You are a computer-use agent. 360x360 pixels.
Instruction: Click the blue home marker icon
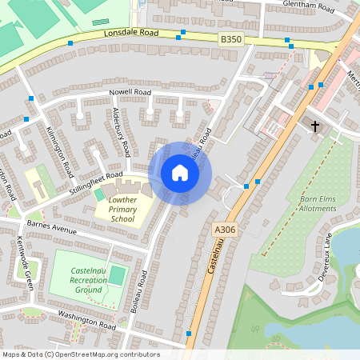point(180,173)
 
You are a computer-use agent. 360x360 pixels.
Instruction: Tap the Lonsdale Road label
point(132,35)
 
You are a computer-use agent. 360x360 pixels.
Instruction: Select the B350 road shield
point(230,39)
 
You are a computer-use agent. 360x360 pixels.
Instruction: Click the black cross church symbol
point(314,126)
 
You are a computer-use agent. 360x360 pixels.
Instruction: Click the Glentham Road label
point(308,6)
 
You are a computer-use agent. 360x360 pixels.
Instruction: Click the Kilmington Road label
point(60,152)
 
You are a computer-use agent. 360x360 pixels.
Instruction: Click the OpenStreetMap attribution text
point(81,354)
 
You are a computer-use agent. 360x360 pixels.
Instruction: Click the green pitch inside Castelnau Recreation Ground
point(118,275)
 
